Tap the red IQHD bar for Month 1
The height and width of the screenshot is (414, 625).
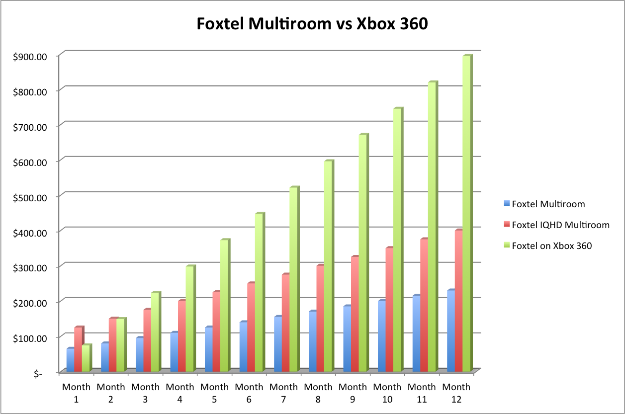point(78,349)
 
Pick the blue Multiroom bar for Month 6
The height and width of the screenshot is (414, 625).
point(243,347)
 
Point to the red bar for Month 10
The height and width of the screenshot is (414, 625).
point(389,310)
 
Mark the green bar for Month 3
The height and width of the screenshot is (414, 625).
point(155,332)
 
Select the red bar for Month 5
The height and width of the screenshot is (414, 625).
point(216,331)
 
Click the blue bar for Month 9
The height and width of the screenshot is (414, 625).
point(347,339)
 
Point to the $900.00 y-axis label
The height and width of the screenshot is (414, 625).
point(31,56)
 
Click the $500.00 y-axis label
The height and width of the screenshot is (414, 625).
point(31,197)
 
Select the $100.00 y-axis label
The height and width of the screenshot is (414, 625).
point(31,338)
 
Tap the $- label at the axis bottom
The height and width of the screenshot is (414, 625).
point(38,374)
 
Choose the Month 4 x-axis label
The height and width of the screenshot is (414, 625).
point(180,393)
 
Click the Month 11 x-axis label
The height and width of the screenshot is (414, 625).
point(422,393)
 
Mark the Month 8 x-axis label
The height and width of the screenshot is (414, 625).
point(318,393)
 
